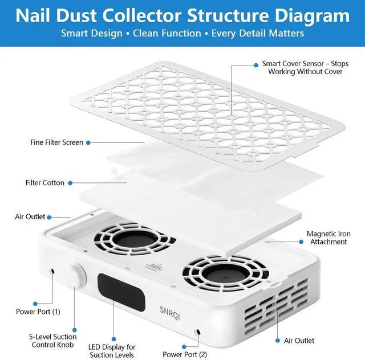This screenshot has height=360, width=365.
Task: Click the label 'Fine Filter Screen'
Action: (x=56, y=142)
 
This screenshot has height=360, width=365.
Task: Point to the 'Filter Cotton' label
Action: (x=45, y=183)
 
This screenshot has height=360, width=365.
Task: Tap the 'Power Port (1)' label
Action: (x=38, y=312)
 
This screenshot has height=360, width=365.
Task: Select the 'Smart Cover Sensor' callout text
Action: (x=302, y=68)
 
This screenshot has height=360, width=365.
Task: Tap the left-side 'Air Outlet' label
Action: (x=30, y=217)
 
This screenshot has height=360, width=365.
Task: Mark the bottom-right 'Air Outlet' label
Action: (x=299, y=341)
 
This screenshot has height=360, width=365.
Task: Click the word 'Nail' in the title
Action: (x=37, y=15)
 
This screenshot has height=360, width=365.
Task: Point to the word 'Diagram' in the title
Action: (x=312, y=15)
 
